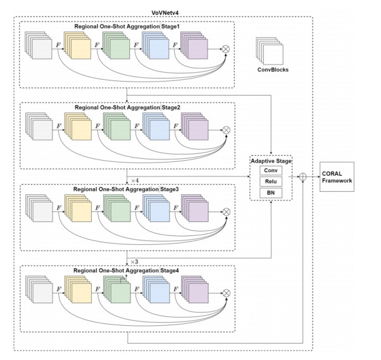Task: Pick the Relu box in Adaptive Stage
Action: click(271, 182)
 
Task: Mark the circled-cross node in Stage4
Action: click(226, 293)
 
